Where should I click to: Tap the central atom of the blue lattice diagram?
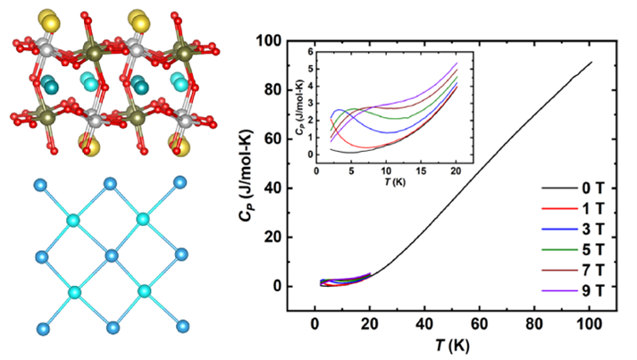coord(111,256)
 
